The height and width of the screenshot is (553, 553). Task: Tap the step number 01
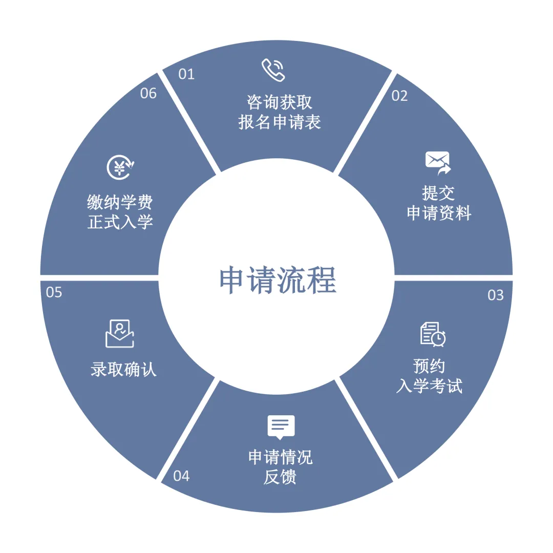pos(186,74)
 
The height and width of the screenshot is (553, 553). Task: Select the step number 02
pos(399,96)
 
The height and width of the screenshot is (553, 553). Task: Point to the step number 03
pos(495,295)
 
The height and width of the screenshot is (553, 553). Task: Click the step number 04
pos(181,476)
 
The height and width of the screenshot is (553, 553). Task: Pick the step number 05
pos(54,292)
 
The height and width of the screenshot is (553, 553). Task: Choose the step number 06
pos(148,94)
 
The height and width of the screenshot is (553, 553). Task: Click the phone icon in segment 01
pos(273,70)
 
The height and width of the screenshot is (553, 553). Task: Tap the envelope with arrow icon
pos(438,163)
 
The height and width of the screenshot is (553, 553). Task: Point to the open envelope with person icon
pos(120,333)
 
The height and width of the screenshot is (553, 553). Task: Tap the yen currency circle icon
pos(120,167)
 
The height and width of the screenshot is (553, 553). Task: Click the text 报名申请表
pos(280,122)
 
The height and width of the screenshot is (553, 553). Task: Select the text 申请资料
pos(439,213)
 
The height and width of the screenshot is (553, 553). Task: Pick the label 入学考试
pos(429,386)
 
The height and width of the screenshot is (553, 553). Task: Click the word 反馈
pos(280,477)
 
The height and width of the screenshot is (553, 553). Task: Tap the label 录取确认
pos(123,369)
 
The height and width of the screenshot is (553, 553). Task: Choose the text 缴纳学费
pos(120,203)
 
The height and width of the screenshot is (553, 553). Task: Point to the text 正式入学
pos(120,222)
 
